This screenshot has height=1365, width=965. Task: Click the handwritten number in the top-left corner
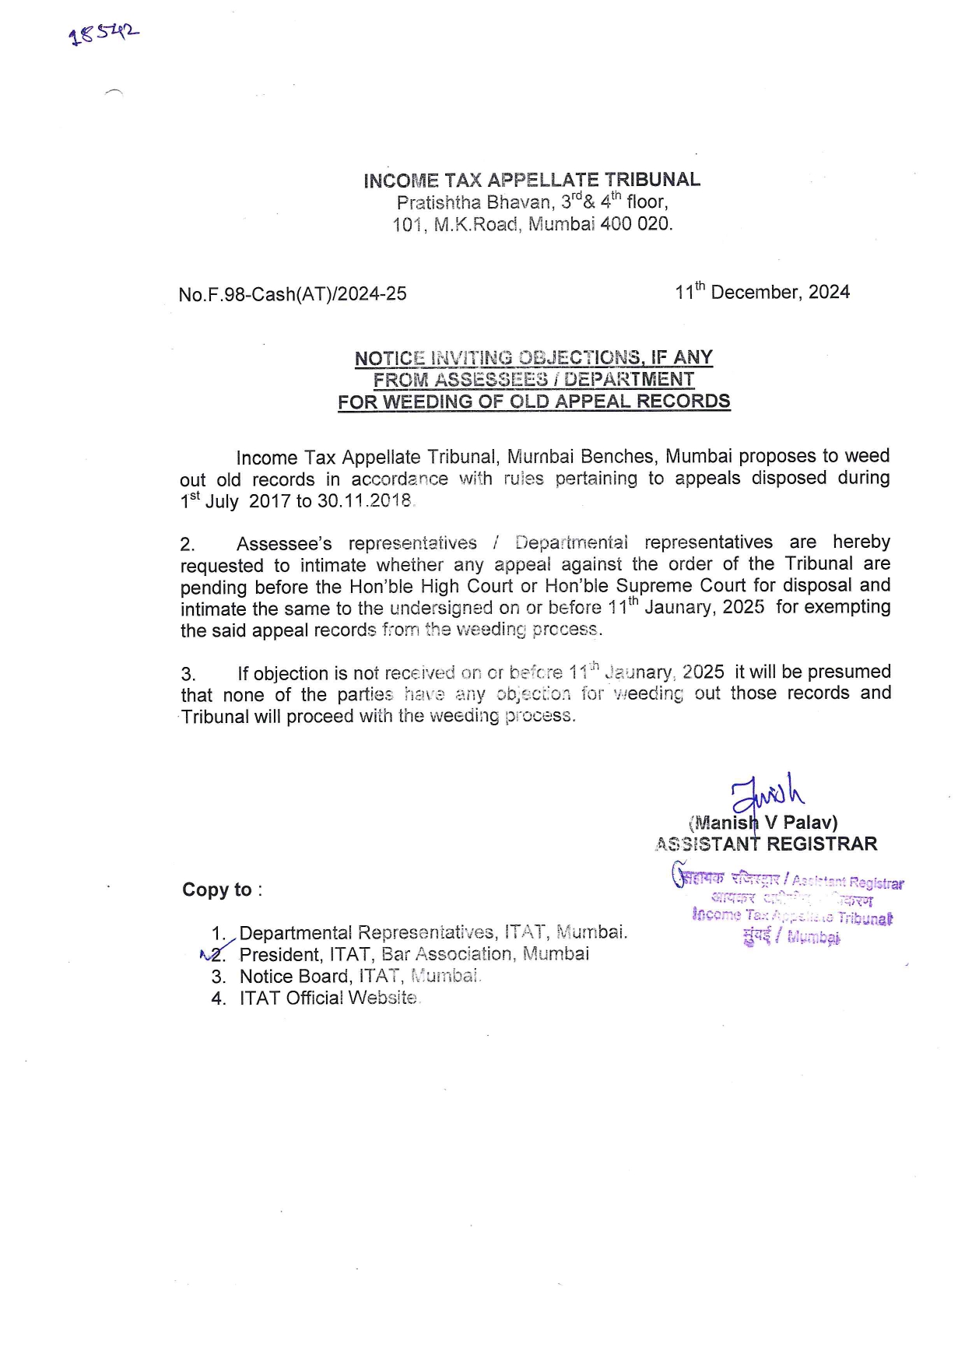pyautogui.click(x=104, y=33)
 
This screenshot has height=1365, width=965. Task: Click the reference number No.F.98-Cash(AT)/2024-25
pyautogui.click(x=292, y=294)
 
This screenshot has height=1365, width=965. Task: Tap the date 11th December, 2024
pyautogui.click(x=762, y=292)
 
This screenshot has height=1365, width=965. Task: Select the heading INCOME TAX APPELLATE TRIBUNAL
pyautogui.click(x=532, y=180)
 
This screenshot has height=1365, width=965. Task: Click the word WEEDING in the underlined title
pyautogui.click(x=443, y=402)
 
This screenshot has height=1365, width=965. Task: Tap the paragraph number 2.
pyautogui.click(x=188, y=544)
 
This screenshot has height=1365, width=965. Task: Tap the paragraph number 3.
pyautogui.click(x=188, y=674)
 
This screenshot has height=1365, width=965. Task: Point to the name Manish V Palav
pyautogui.click(x=763, y=823)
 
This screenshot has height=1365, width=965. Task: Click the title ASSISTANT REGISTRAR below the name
pyautogui.click(x=767, y=844)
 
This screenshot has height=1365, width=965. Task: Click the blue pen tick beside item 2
pyautogui.click(x=216, y=950)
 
